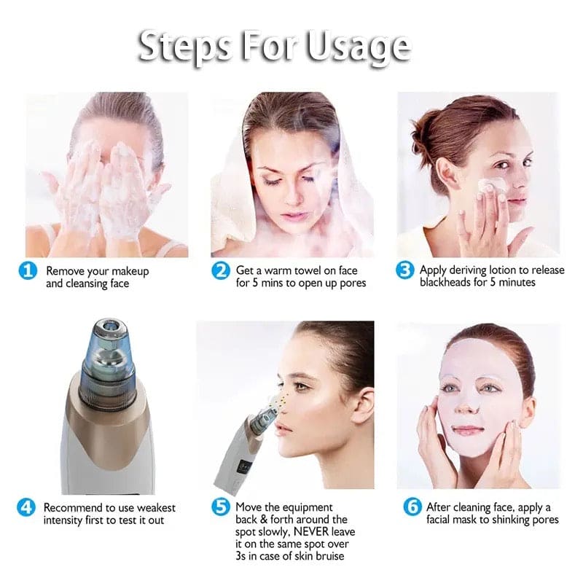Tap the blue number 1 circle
pos(28,272)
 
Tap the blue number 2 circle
pos(221,272)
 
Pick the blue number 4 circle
pos(27,508)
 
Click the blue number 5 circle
pos(221,509)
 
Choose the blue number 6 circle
pos(412,508)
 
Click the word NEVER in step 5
pos(315,532)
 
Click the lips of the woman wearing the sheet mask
pos(468,430)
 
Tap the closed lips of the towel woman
pos(295,216)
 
